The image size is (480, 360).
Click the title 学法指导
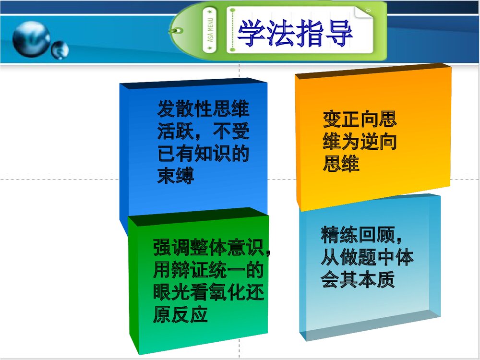tap(295, 34)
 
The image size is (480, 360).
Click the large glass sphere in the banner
tap(31, 38)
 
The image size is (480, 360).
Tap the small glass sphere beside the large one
tap(60, 49)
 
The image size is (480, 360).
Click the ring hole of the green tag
tap(177, 31)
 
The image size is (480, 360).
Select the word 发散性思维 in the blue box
tap(204, 108)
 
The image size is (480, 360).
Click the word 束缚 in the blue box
tap(176, 176)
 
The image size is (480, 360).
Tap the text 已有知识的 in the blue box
tap(204, 154)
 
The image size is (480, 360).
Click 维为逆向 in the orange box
tap(360, 142)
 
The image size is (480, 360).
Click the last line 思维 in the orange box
tap(341, 165)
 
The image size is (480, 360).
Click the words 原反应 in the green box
tap(180, 315)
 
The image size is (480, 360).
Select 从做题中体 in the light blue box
tap(367, 258)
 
